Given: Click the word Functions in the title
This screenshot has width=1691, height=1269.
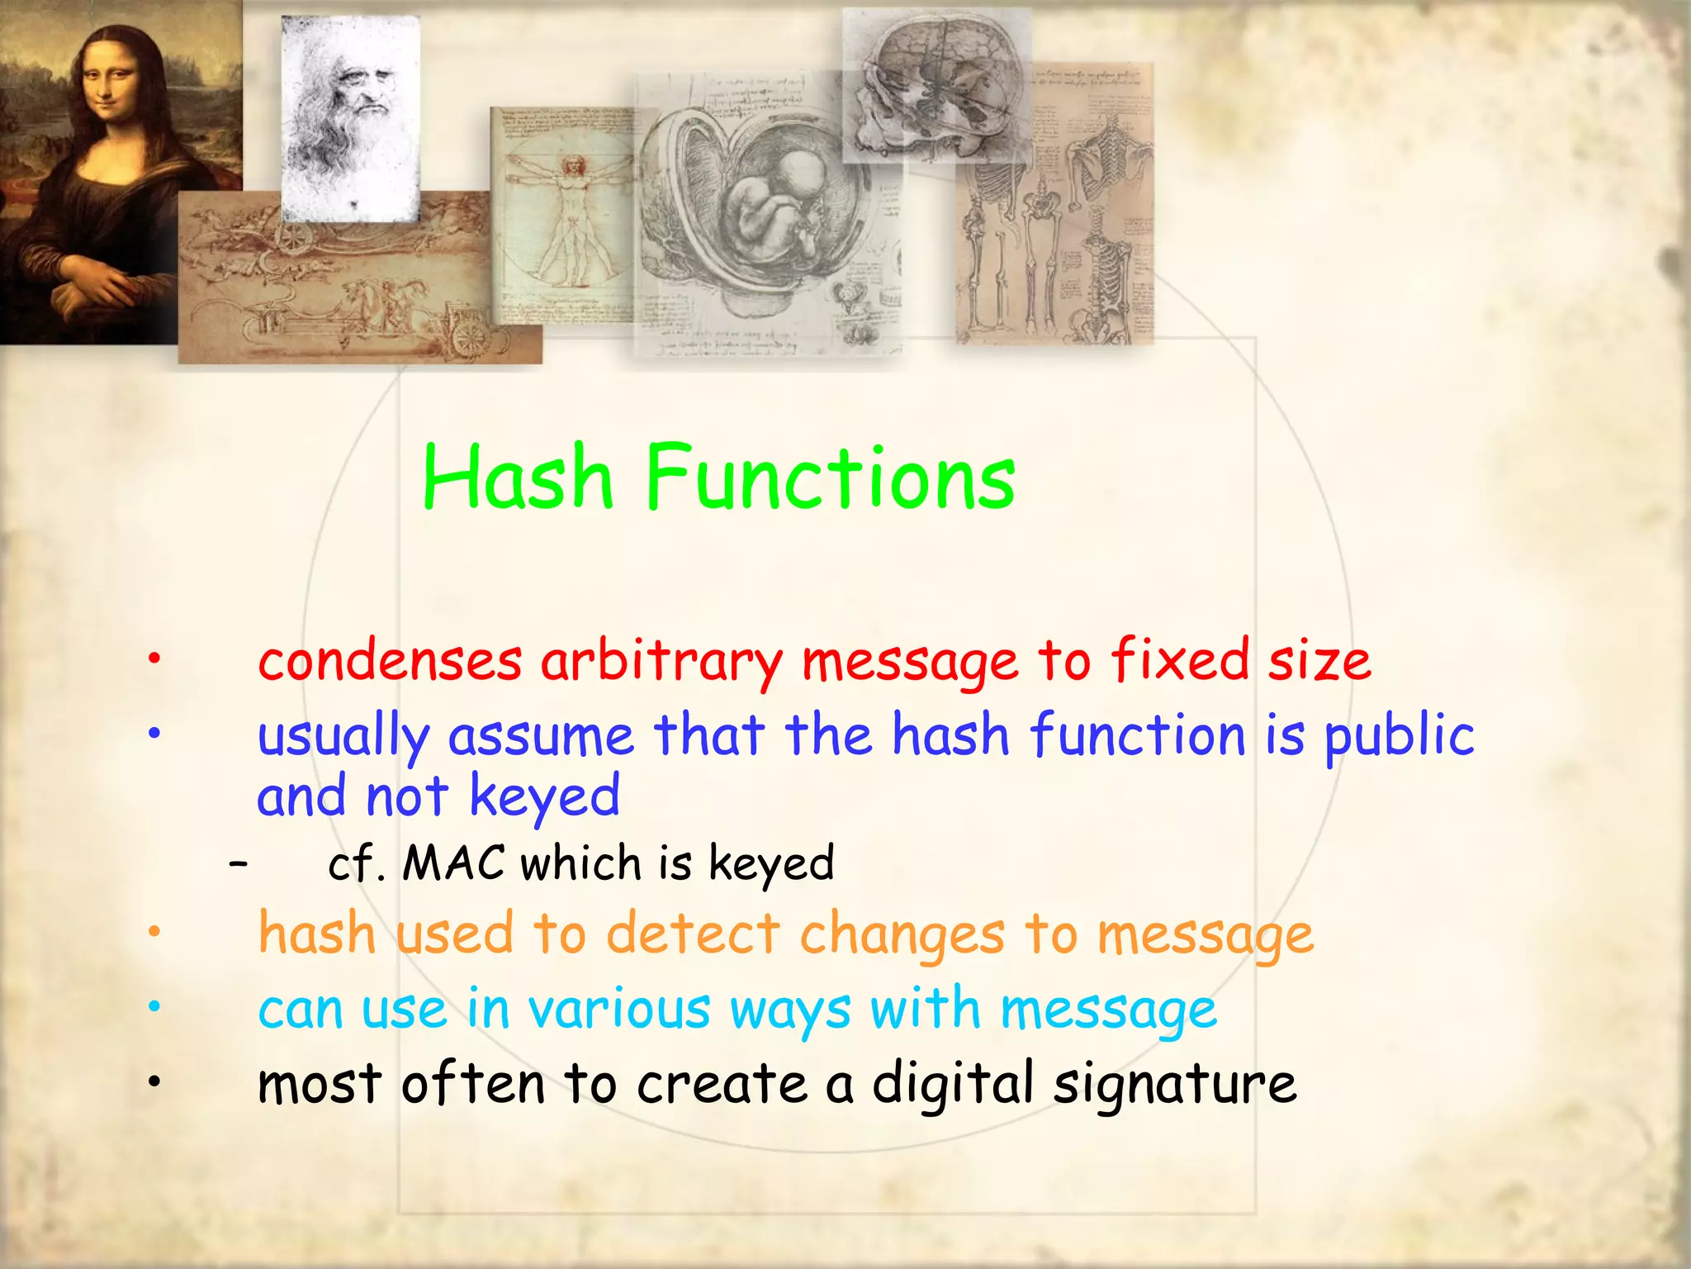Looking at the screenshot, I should point(830,477).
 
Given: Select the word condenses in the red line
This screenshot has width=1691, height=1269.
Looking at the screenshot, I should point(390,662).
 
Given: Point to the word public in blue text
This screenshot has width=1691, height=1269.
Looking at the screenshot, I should point(1400,736).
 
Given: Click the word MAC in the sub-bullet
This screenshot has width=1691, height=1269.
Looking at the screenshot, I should point(453,863).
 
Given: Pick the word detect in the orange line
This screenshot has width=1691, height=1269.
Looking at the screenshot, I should point(694,934).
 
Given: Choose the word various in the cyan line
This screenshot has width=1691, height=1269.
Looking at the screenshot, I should point(619,1010).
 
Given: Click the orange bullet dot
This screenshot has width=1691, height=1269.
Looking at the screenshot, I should point(154,932).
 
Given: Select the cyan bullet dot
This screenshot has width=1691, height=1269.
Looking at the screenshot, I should point(154,1006).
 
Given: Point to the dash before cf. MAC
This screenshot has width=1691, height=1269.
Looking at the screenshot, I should point(238,863).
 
